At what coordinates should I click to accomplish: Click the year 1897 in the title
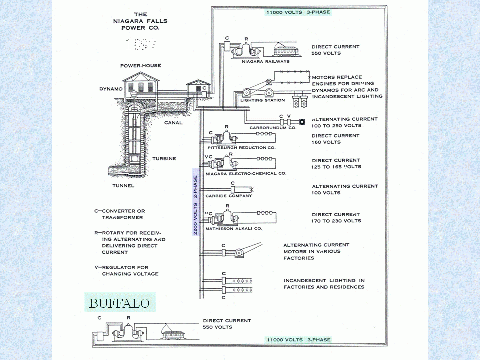point(140,44)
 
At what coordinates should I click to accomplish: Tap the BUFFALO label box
point(119,302)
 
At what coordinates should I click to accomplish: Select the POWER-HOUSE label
point(140,65)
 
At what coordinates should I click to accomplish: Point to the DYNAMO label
point(111,89)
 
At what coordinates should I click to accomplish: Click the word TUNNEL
point(123,186)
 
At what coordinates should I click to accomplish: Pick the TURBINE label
point(164,158)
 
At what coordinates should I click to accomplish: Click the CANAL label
point(173,122)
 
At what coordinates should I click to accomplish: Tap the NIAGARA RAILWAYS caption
point(266,61)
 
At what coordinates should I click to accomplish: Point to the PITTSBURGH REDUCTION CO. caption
point(241,147)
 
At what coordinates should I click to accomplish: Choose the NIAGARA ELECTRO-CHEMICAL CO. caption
point(246,173)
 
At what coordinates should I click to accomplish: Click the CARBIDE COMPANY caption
point(227,196)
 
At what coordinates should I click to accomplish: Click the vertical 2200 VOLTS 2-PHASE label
point(195,205)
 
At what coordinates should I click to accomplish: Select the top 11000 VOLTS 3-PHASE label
point(298,11)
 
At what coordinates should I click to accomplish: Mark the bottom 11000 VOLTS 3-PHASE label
point(298,340)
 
